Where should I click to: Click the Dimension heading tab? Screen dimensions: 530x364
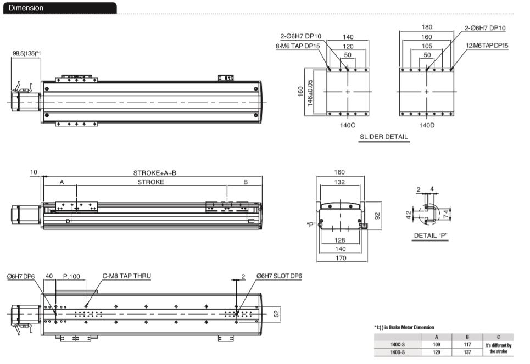coord(60,8)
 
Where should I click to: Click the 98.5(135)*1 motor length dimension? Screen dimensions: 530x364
coord(27,53)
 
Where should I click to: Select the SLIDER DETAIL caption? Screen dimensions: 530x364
coord(384,137)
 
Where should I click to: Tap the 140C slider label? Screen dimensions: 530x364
coord(348,125)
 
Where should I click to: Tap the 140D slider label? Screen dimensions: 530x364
coord(427,125)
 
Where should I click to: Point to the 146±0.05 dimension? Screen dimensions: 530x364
coord(310,93)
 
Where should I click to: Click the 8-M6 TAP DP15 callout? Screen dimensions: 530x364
coord(298,46)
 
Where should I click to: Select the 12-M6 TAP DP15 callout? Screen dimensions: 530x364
coord(487,46)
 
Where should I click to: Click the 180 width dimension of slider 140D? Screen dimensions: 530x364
coord(427,27)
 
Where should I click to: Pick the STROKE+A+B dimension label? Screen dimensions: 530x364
coord(154,173)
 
